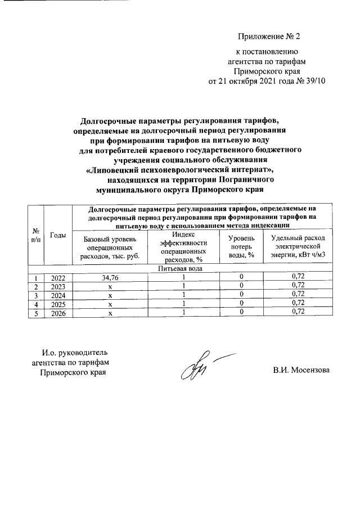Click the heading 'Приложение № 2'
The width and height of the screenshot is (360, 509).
(269, 38)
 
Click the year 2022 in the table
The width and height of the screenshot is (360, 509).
(57, 277)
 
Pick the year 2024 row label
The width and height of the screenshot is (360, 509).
(57, 294)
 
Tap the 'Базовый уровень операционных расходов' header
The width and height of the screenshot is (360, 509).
(110, 247)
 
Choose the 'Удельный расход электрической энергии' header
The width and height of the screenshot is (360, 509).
(298, 247)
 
